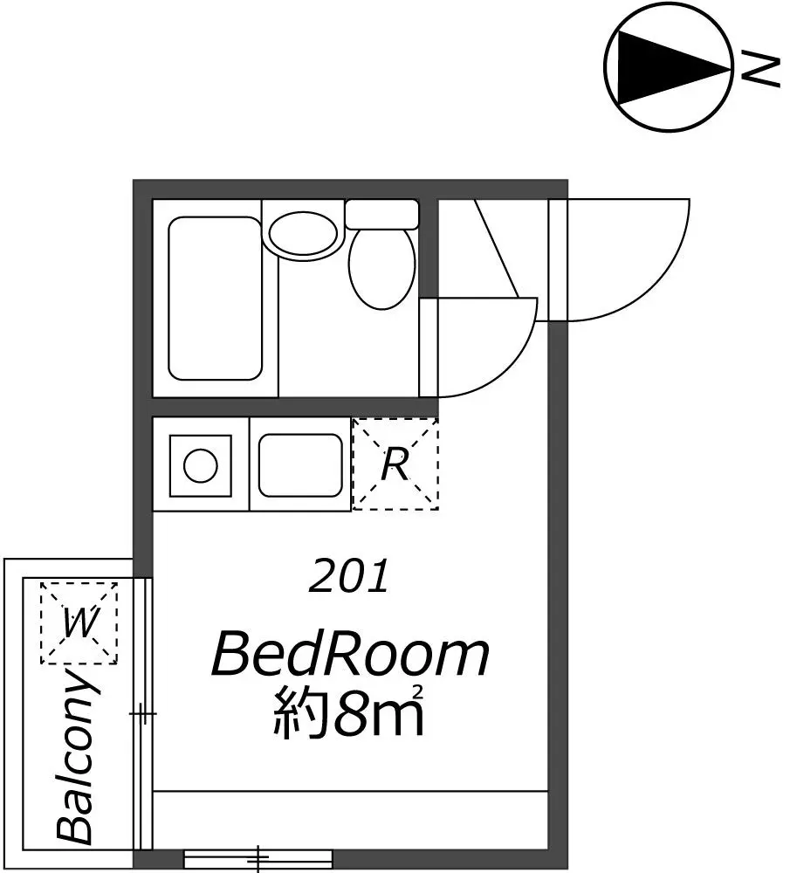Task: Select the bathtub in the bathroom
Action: [x=215, y=299]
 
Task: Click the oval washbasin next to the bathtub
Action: [x=304, y=234]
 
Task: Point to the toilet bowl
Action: [x=382, y=267]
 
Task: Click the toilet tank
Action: [x=382, y=214]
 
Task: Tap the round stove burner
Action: [x=201, y=465]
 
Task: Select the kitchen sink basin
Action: [x=301, y=465]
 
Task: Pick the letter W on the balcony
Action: [x=79, y=623]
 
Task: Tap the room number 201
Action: [x=348, y=577]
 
